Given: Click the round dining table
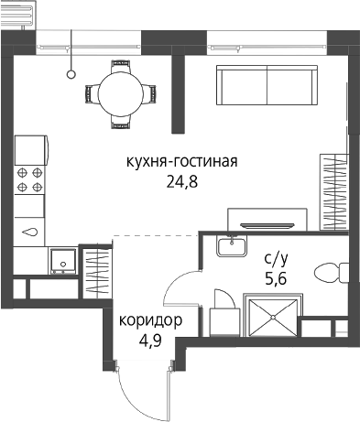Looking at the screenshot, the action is (x=121, y=93).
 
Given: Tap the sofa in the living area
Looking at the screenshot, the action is (x=267, y=85).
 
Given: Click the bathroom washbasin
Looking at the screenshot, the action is (x=232, y=246).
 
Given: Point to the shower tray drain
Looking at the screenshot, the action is (x=273, y=318).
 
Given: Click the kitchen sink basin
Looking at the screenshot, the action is (x=29, y=233).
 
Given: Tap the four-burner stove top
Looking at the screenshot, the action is (x=29, y=179).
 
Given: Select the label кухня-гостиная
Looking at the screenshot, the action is (x=182, y=162).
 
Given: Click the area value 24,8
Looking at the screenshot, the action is (x=182, y=182).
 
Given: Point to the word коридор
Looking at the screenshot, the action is (x=150, y=321).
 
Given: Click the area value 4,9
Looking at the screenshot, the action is (x=150, y=341).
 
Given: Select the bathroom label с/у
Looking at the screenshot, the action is (x=276, y=259).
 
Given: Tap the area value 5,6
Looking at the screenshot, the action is (x=276, y=279).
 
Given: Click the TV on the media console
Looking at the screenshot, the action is (x=267, y=225).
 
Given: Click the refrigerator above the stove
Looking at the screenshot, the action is (x=31, y=150).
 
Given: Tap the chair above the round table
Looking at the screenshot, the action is (x=121, y=66).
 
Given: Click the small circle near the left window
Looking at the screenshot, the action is (x=71, y=74).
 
